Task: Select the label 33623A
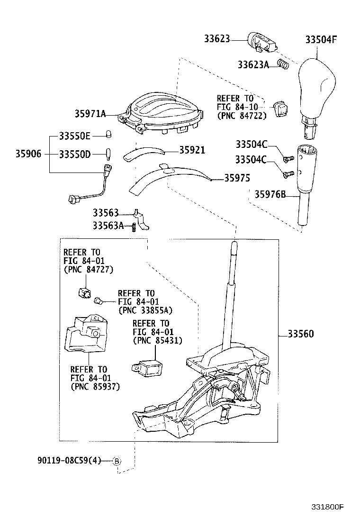253,64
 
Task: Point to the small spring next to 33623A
283,64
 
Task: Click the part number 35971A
90,113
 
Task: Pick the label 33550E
74,136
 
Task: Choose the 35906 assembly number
28,154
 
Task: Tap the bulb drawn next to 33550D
108,154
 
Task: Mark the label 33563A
108,226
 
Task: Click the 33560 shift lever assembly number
301,334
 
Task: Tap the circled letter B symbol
117,461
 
